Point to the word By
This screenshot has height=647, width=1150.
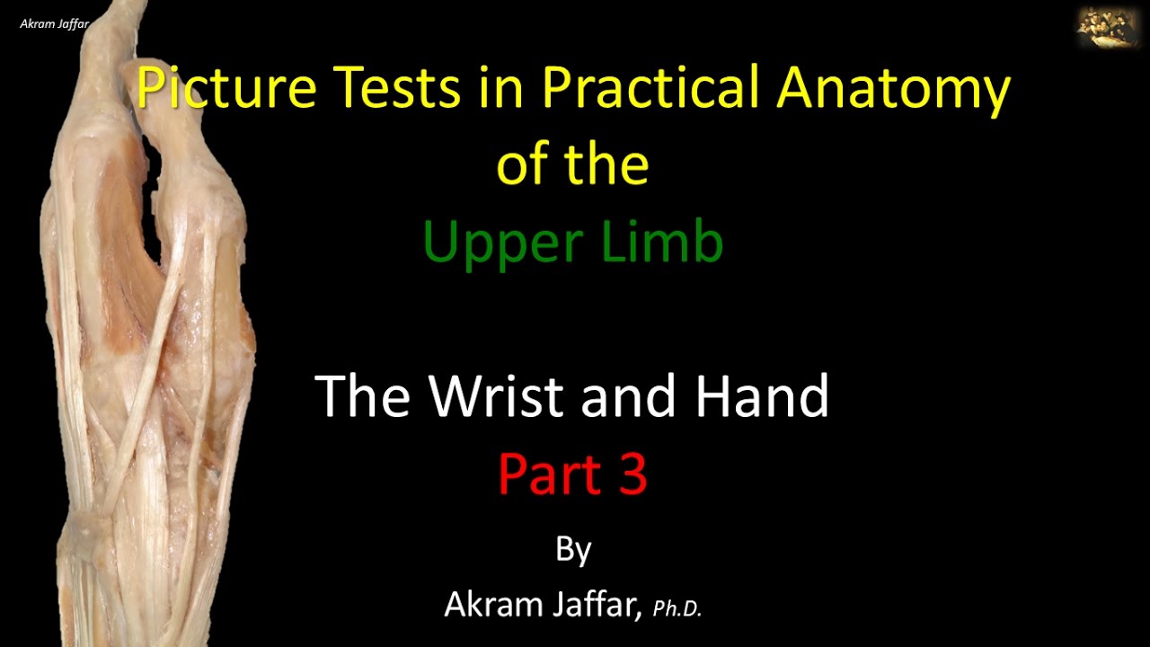click(x=573, y=547)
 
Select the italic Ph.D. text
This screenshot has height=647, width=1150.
click(x=677, y=608)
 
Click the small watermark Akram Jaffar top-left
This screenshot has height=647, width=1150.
click(x=54, y=23)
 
